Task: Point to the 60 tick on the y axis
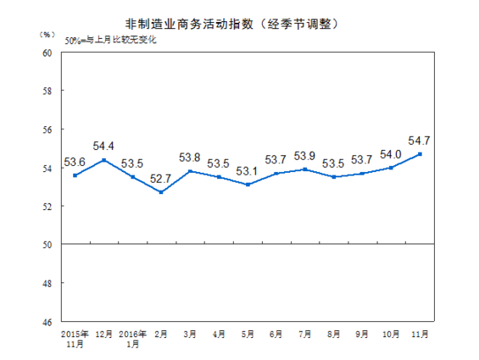tap(47, 53)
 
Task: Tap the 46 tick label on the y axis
tap(47, 322)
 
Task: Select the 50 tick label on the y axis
tap(47, 245)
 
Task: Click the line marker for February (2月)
tap(161, 192)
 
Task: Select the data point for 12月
tap(103, 160)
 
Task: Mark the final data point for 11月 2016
tap(421, 154)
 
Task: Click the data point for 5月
tap(248, 185)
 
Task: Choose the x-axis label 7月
tap(305, 335)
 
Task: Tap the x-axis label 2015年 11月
tap(75, 340)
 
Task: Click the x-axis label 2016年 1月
tap(132, 340)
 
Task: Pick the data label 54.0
tap(391, 154)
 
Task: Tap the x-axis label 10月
tap(392, 335)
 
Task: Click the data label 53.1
tap(248, 171)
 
